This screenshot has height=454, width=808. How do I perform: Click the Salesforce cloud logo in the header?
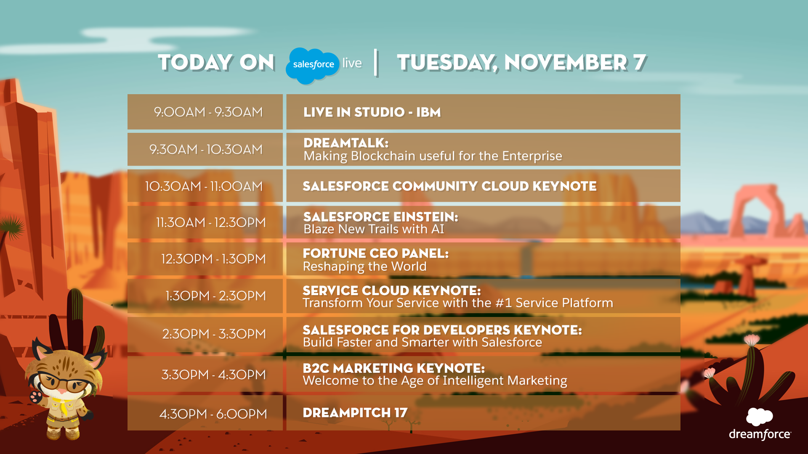(313, 65)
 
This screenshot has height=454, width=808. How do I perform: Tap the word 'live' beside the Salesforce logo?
(352, 63)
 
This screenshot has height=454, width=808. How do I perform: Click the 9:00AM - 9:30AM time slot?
(208, 112)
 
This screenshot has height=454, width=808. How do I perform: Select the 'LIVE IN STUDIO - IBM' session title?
(372, 112)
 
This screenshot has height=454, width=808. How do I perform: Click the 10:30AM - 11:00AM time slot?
(204, 186)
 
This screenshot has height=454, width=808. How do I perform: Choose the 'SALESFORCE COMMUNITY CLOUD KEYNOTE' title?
(449, 186)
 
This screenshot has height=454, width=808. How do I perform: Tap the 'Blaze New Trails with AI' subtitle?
(374, 229)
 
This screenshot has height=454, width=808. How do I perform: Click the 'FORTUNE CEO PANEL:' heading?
(376, 253)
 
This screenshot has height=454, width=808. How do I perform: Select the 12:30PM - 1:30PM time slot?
(213, 259)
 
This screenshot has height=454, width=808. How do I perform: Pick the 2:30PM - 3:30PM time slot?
(214, 334)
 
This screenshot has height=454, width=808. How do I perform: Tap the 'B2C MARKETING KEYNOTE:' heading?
(394, 368)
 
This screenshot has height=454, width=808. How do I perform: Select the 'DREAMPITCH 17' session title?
(355, 413)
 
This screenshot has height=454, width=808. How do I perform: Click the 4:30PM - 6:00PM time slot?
(213, 414)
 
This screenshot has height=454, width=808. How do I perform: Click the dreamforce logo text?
(760, 434)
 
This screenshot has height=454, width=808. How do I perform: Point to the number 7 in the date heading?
(640, 62)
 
